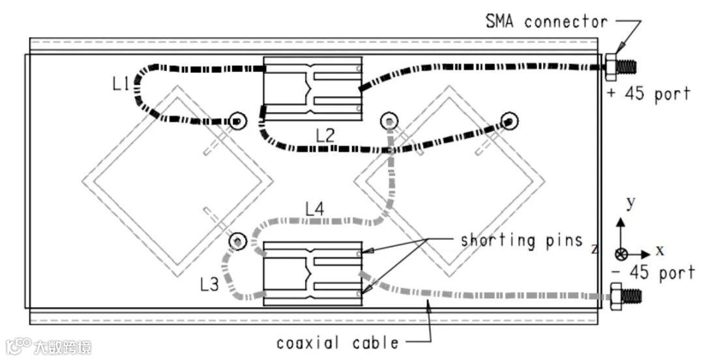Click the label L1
[x=121, y=84]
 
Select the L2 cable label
[x=325, y=136]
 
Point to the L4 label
[x=315, y=209]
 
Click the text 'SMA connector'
[x=546, y=22]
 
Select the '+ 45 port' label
[x=648, y=94]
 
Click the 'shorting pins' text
[x=521, y=240]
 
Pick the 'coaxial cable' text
[x=337, y=342]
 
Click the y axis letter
[x=630, y=203]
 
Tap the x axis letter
[x=660, y=250]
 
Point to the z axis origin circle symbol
[x=622, y=254]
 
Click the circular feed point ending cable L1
[x=237, y=121]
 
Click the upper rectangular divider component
[x=312, y=88]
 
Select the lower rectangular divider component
[x=312, y=273]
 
